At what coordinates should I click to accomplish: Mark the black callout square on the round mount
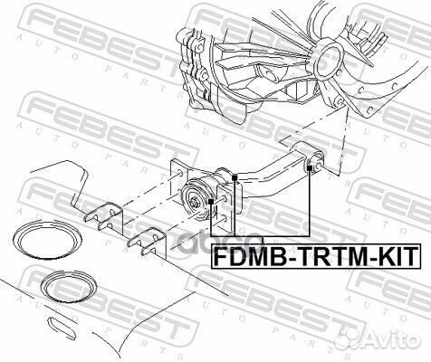point(212,200)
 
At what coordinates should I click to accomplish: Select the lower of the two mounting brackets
point(145,243)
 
